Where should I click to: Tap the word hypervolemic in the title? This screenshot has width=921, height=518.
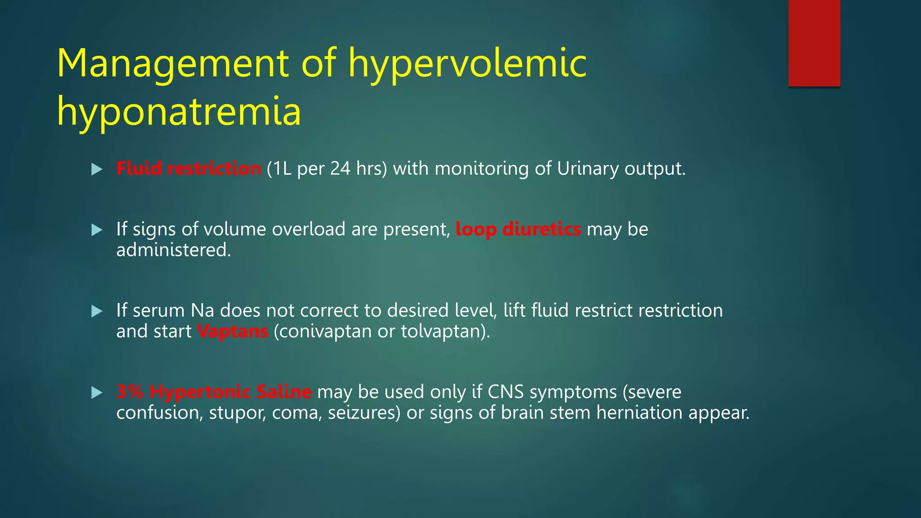468,63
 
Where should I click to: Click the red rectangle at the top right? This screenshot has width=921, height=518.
814,43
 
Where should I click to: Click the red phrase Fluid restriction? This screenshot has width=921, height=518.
188,169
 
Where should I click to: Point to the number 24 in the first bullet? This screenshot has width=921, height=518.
340,169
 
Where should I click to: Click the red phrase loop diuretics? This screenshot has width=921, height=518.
518,229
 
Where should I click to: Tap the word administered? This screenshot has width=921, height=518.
174,250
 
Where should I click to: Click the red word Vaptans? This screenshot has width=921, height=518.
232,331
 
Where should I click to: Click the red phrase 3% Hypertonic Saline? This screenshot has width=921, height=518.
214,392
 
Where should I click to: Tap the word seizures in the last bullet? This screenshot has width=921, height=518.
363,413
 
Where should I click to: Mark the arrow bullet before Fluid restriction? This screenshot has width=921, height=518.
97,170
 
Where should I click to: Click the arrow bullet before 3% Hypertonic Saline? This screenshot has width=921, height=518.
97,393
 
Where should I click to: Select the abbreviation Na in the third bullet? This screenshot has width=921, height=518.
202,311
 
